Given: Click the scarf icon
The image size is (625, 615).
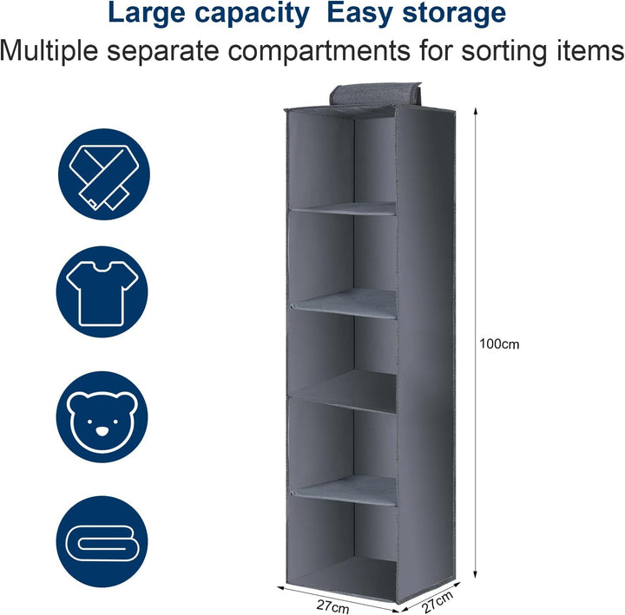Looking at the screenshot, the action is [x=104, y=174].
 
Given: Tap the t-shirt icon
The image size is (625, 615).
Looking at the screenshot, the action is [x=102, y=292].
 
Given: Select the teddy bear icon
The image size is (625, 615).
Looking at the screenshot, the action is [x=102, y=417].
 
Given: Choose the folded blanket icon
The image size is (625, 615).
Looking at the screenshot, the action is [x=102, y=542].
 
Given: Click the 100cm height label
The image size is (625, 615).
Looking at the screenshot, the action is [x=499, y=343].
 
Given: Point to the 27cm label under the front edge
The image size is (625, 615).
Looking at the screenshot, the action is [x=332, y=606].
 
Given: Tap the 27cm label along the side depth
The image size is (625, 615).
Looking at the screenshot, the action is [x=437, y=602].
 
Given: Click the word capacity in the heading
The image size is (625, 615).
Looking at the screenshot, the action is [x=252, y=14].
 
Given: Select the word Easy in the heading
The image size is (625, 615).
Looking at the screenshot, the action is [x=360, y=14].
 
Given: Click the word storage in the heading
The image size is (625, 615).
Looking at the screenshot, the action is [x=454, y=15].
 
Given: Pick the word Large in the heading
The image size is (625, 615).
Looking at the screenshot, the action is [x=147, y=14].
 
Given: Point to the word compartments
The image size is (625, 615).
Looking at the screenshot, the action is [x=319, y=52].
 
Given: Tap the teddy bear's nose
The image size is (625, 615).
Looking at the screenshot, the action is [x=102, y=430].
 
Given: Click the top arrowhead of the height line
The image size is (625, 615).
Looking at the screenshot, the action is [x=475, y=112].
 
